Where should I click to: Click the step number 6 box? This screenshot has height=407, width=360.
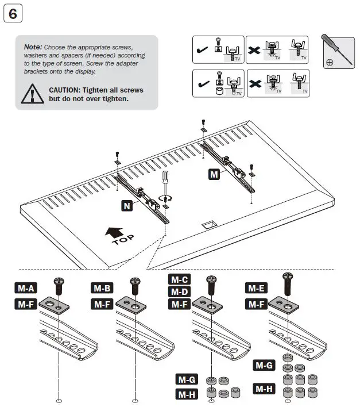[13, 13]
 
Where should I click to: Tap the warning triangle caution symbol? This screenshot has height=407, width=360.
[33, 94]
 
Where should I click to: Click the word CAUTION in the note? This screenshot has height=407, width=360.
[65, 90]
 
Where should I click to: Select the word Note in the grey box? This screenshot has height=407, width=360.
[32, 47]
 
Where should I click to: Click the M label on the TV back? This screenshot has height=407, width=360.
[214, 173]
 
